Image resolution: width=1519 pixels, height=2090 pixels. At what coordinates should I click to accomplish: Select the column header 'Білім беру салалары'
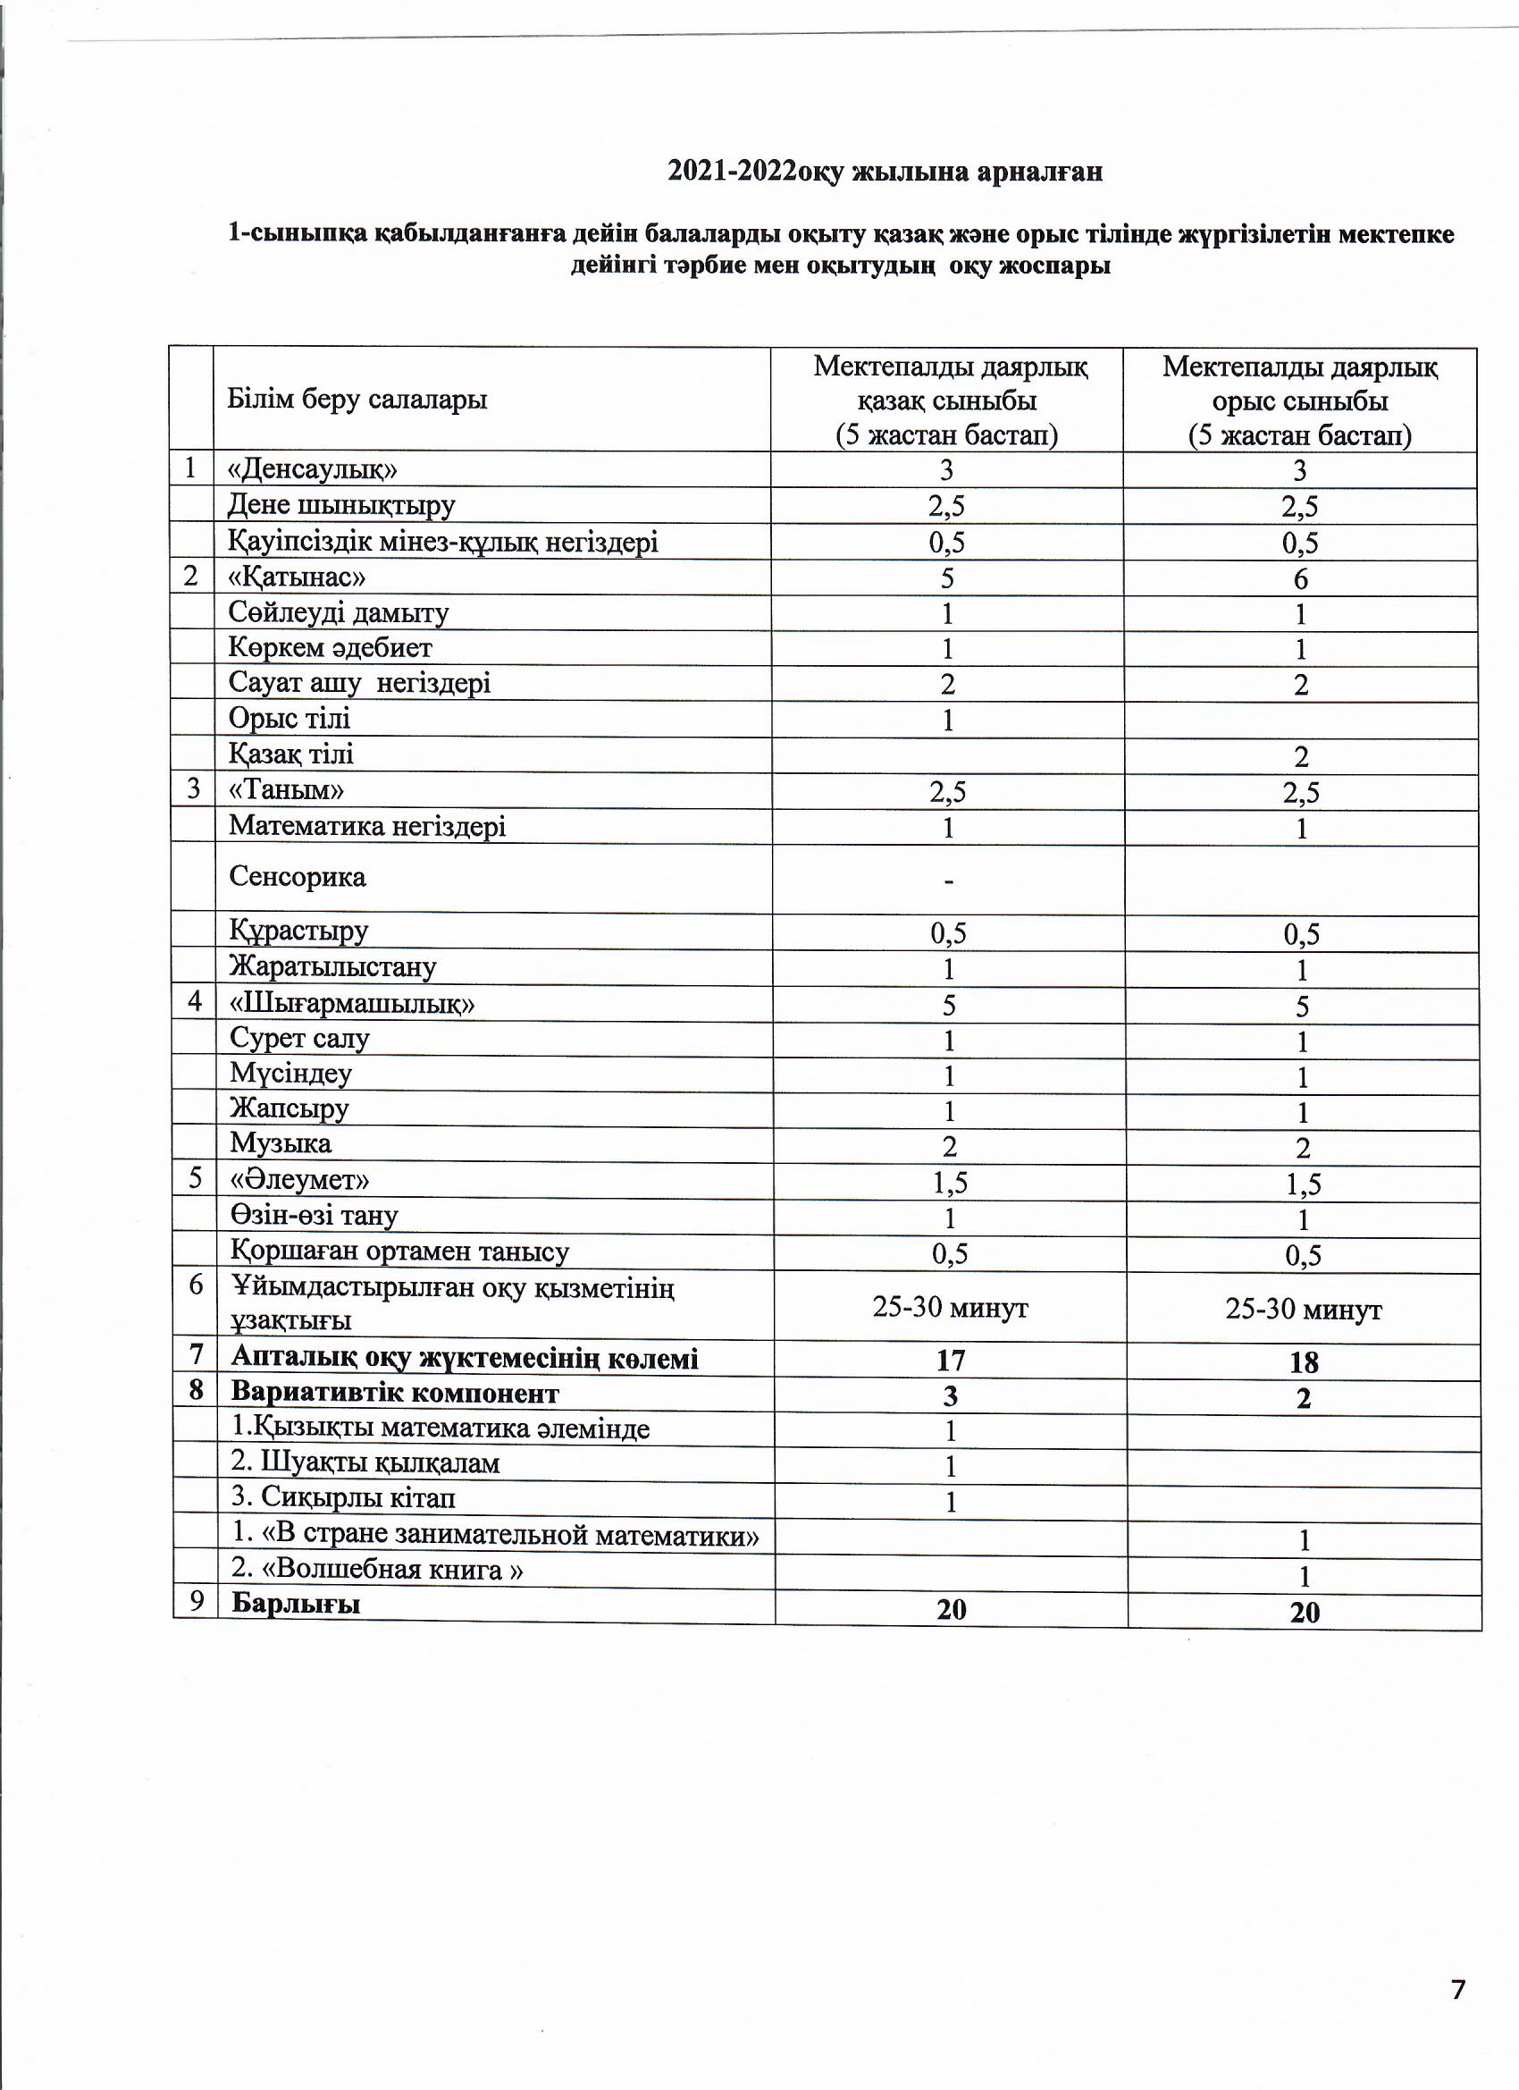click(357, 400)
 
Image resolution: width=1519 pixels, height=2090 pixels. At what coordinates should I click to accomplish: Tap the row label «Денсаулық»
click(314, 470)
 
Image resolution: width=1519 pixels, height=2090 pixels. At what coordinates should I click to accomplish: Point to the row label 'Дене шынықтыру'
click(341, 506)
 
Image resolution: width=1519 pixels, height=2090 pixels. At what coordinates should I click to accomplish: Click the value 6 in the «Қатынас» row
click(1300, 578)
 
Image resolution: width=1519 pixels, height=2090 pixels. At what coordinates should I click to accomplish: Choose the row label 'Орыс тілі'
click(290, 719)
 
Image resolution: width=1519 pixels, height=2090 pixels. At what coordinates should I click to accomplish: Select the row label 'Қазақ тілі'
click(291, 754)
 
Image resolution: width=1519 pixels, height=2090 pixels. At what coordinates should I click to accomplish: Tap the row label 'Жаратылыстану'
click(333, 967)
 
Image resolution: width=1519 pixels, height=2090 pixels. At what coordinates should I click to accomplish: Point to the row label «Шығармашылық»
click(352, 1004)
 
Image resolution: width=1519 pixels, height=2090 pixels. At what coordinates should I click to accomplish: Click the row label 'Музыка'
click(281, 1143)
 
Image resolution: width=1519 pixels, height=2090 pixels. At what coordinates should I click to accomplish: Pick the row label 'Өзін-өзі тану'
click(315, 1216)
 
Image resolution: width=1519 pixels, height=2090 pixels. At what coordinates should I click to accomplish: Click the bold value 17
click(950, 1361)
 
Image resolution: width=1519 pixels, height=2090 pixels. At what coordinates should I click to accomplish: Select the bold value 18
click(1304, 1362)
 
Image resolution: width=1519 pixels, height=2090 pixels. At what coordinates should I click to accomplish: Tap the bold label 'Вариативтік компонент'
click(395, 1394)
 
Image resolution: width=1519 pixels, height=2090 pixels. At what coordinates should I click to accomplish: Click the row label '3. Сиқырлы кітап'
click(344, 1498)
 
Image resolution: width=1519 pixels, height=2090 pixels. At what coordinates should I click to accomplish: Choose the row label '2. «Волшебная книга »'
click(378, 1570)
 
